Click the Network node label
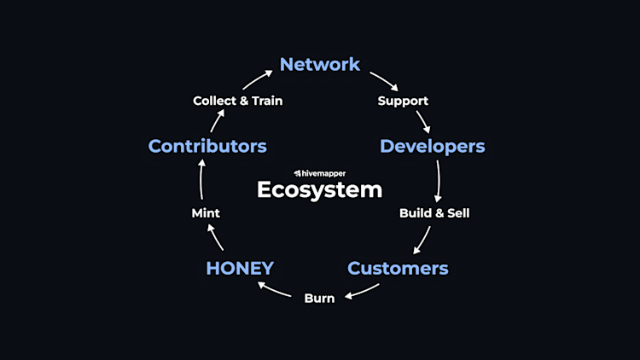(x=320, y=64)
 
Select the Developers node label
(x=432, y=146)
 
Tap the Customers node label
(x=398, y=268)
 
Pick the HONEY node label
(x=240, y=268)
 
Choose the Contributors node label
(x=207, y=146)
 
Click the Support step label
(x=403, y=101)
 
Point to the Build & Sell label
(x=434, y=212)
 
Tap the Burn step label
(x=319, y=298)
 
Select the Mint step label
(x=206, y=212)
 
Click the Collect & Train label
(x=237, y=101)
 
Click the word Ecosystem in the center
(x=319, y=189)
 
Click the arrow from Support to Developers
(x=422, y=121)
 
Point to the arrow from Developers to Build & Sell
(x=439, y=180)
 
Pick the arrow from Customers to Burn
(x=362, y=291)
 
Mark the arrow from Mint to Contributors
(x=201, y=179)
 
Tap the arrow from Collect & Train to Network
(x=255, y=78)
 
